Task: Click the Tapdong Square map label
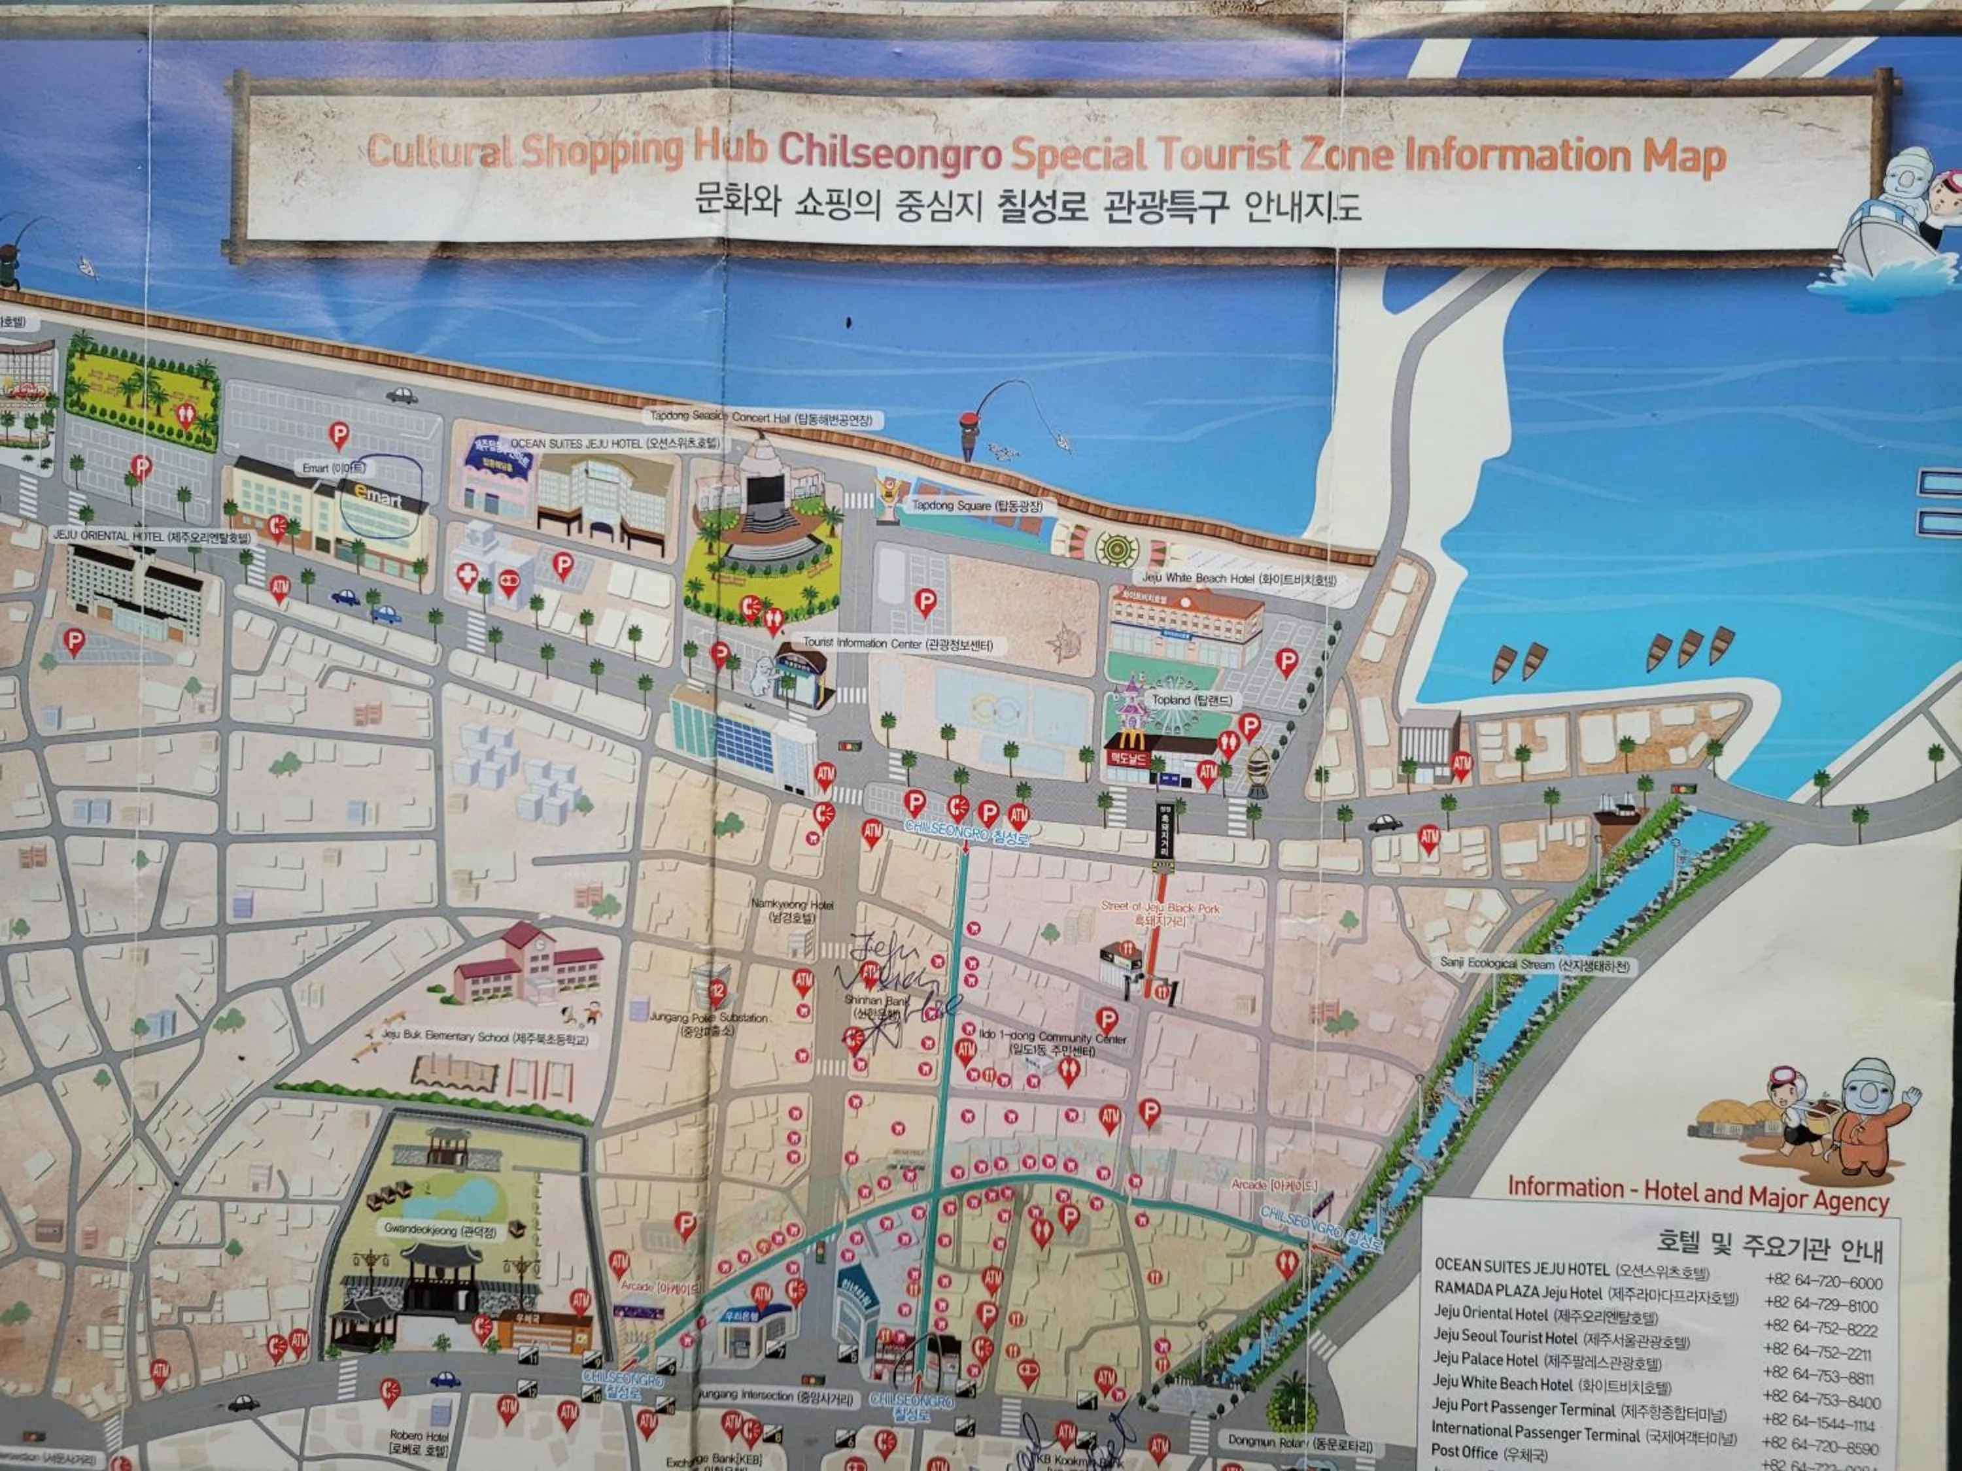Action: (978, 505)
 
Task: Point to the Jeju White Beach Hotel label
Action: (1238, 579)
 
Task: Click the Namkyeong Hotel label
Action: (792, 911)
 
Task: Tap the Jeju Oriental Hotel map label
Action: (151, 537)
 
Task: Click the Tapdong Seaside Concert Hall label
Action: (760, 418)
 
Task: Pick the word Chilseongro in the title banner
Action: (891, 154)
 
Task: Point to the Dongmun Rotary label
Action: (1299, 1443)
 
